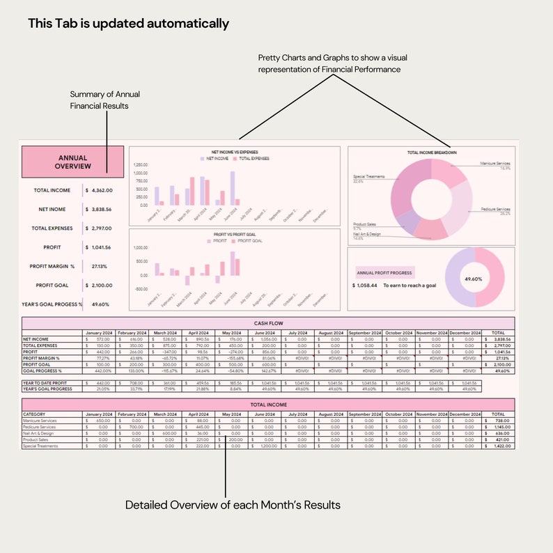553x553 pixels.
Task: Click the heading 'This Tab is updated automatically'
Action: tap(128, 24)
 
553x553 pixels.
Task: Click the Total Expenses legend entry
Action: tap(251, 159)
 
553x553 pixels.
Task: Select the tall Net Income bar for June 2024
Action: tap(233, 186)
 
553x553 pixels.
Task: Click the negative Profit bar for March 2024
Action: tap(187, 280)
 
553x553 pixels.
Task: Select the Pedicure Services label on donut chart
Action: tap(495, 210)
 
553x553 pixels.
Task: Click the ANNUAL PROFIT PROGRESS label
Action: tap(384, 273)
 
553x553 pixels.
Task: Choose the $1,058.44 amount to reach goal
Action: tap(364, 286)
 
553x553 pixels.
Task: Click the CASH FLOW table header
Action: tap(267, 323)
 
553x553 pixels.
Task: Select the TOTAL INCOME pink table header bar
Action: tap(267, 403)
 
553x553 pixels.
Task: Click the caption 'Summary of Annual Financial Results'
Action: tap(99, 100)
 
